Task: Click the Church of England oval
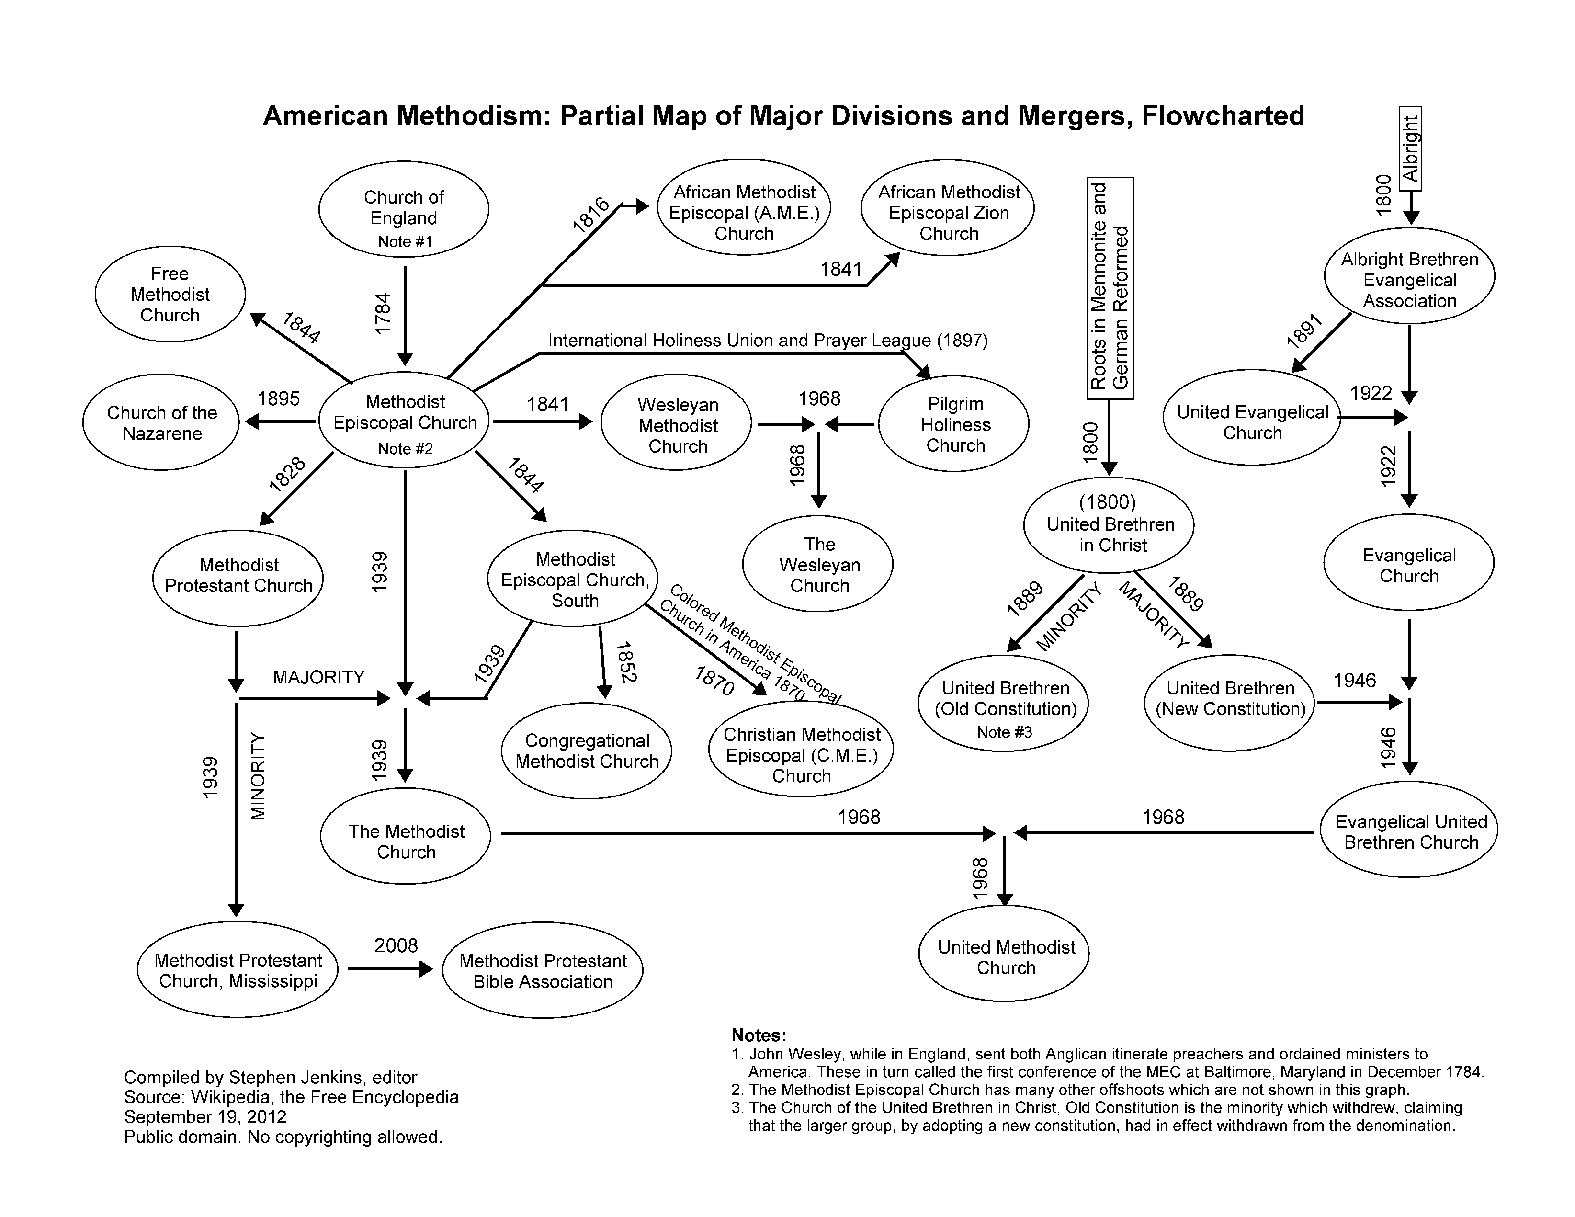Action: tap(404, 209)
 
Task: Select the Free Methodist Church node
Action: tap(170, 295)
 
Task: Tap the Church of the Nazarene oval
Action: tap(161, 423)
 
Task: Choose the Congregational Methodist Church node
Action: tap(586, 751)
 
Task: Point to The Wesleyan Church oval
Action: tap(818, 564)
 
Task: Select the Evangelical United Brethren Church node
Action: tap(1410, 832)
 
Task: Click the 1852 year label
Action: tap(624, 661)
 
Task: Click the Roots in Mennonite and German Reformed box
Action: tap(1110, 288)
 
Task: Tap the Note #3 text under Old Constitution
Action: tap(1004, 732)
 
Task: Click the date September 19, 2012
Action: tap(205, 1117)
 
